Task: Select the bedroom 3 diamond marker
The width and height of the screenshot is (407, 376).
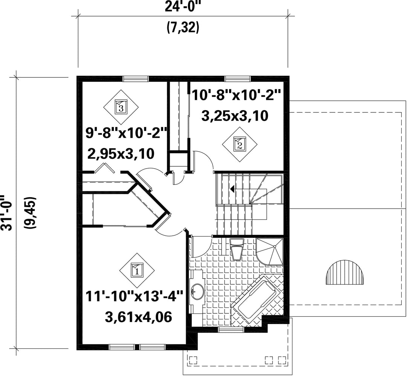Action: click(x=121, y=107)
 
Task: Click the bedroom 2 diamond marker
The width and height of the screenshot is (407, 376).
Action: click(x=240, y=144)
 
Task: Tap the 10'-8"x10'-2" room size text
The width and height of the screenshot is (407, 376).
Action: click(x=236, y=95)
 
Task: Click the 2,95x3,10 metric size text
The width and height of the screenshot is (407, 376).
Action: click(x=121, y=153)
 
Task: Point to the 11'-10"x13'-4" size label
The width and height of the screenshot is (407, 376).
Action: click(x=135, y=296)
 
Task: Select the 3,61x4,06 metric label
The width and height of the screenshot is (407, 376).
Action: click(x=139, y=317)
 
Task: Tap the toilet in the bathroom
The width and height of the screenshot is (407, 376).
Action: click(x=237, y=250)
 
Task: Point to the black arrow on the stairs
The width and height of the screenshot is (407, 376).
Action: click(x=232, y=189)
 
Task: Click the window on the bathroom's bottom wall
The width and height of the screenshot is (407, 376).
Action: click(x=231, y=330)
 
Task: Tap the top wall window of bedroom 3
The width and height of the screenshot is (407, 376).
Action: click(x=136, y=79)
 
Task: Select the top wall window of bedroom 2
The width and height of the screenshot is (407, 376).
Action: click(x=238, y=79)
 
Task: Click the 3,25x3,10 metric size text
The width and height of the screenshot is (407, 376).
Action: click(x=235, y=116)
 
